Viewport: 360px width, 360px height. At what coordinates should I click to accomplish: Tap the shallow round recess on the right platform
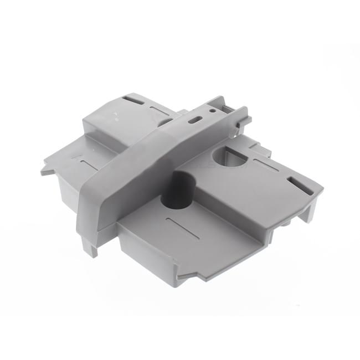(x=229, y=158)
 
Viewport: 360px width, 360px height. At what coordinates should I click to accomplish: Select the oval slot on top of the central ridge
(x=194, y=120)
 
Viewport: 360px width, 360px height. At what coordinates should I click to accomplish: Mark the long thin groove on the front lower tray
(x=183, y=228)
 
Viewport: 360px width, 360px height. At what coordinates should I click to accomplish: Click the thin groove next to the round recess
(x=266, y=164)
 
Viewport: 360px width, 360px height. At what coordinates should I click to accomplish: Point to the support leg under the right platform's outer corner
(x=310, y=210)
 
